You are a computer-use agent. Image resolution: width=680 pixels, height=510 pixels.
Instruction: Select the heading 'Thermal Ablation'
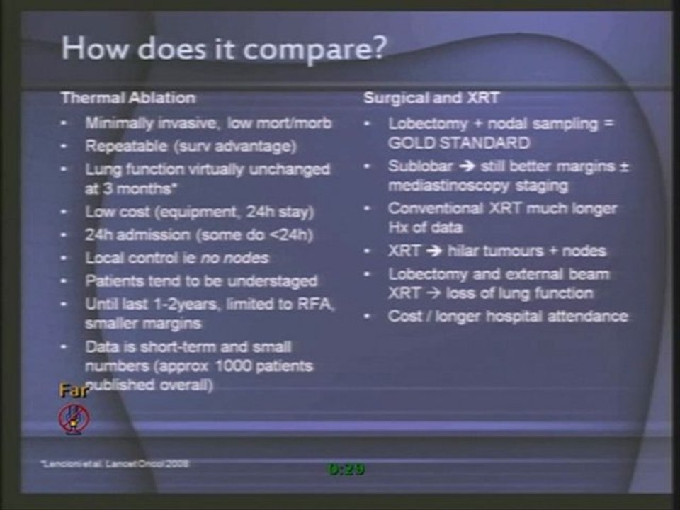[127, 98]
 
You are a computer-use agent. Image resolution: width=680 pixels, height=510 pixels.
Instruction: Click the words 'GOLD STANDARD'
[458, 142]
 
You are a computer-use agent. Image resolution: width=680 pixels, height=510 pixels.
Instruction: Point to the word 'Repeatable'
[118, 147]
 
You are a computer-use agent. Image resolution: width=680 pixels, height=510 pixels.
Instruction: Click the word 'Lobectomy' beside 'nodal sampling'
[421, 123]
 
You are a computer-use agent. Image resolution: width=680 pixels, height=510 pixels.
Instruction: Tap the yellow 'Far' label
[72, 391]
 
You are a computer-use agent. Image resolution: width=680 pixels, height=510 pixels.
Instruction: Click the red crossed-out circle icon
[74, 418]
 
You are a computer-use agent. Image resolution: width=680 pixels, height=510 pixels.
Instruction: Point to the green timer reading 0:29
[345, 468]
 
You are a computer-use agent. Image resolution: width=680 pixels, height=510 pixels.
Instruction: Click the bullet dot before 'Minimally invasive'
[64, 124]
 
